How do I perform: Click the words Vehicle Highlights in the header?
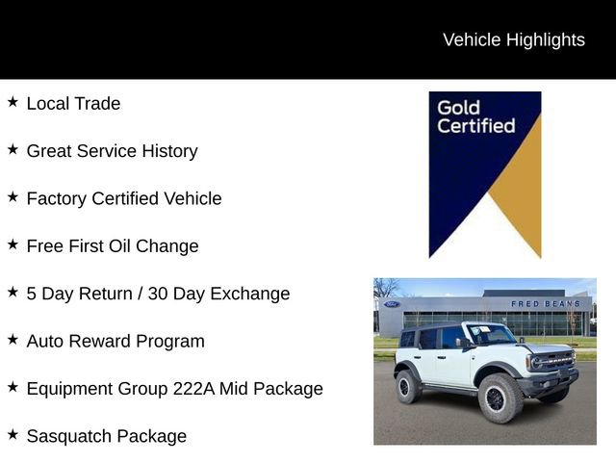point(513,39)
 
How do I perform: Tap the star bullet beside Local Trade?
point(13,102)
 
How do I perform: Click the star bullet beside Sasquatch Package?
point(13,435)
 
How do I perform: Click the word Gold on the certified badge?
point(458,107)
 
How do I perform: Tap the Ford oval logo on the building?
point(391,305)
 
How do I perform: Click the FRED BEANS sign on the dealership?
point(545,304)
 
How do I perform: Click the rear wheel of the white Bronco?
point(408,387)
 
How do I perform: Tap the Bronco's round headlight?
point(534,363)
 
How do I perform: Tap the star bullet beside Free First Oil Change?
point(13,244)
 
